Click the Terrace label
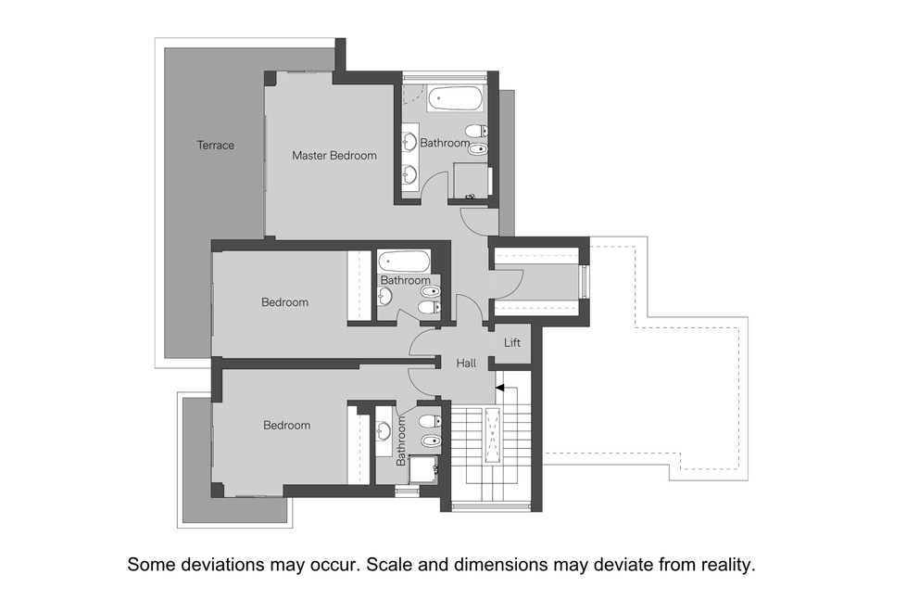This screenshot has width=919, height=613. (215, 146)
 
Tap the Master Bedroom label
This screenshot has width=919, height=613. (334, 156)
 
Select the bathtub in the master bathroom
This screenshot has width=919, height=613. (455, 98)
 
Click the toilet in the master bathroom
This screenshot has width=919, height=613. (476, 131)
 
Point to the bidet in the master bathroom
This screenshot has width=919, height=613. (476, 149)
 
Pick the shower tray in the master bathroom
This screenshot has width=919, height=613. (471, 181)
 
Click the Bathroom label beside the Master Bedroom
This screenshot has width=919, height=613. (445, 144)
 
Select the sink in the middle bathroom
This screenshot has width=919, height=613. (385, 296)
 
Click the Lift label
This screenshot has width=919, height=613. (512, 343)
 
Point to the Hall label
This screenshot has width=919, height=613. (466, 364)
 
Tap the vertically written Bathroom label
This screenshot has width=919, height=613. (401, 440)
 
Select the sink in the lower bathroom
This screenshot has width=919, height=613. (384, 429)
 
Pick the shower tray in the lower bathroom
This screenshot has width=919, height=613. (423, 469)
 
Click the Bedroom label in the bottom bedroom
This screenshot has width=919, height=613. (286, 426)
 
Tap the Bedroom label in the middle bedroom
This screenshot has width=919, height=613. (284, 302)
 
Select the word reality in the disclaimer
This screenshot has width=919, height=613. (726, 564)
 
